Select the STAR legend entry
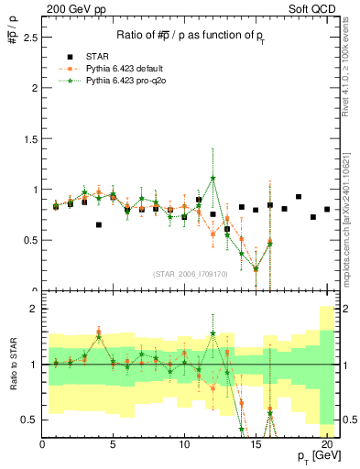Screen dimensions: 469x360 tap(96, 56)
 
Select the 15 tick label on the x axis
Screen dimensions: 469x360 tap(255, 444)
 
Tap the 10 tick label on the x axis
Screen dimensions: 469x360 tap(184, 444)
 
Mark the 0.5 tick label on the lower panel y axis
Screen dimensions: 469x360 tap(29, 420)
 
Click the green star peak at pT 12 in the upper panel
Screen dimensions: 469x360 tap(213, 178)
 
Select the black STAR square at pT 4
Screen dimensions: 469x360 tap(99, 224)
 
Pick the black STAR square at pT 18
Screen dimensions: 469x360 tap(299, 197)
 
